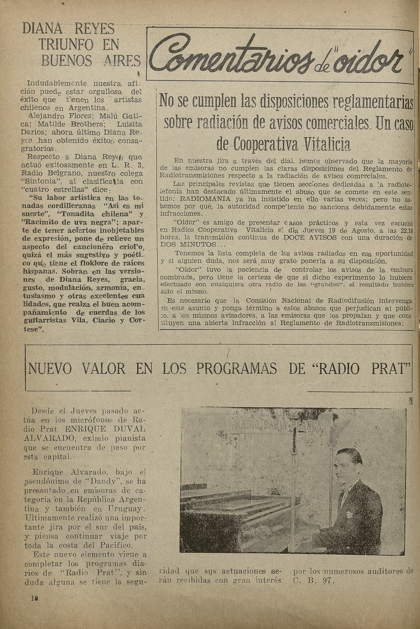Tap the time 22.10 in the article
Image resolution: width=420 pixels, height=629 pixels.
(x=405, y=231)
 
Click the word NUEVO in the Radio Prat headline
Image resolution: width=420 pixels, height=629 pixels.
(x=49, y=369)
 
